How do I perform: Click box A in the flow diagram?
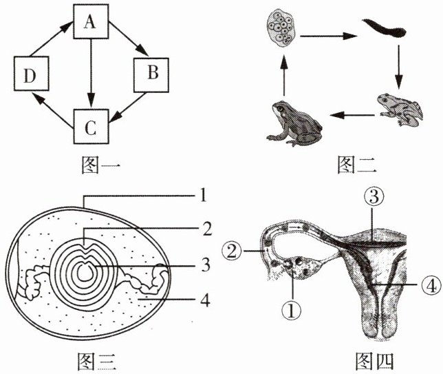click(91, 21)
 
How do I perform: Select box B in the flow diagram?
click(151, 75)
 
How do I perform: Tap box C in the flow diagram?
click(91, 126)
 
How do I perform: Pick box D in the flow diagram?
click(32, 74)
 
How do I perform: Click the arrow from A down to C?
click(91, 74)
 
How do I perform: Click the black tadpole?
click(385, 29)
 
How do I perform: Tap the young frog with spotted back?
click(400, 110)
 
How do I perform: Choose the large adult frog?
click(294, 123)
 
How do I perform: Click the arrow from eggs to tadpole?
click(328, 36)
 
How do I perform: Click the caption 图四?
click(374, 361)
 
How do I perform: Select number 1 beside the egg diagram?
click(203, 196)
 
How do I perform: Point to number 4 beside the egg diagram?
click(205, 300)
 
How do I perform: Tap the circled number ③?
click(374, 197)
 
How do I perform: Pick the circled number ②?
click(233, 251)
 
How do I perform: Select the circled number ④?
click(432, 285)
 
